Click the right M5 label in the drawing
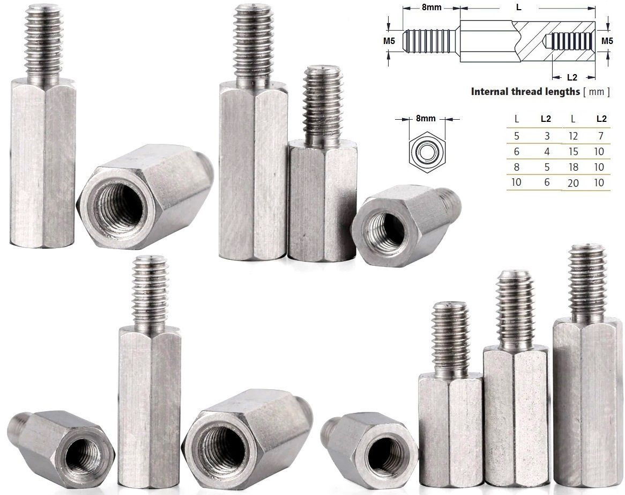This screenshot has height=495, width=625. point(607,40)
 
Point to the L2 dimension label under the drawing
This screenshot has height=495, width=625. point(572,77)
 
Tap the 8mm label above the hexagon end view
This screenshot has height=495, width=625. point(426,119)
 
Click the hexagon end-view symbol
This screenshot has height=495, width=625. point(426,152)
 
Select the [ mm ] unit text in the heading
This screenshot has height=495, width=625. point(596,91)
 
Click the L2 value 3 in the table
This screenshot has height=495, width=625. point(547,136)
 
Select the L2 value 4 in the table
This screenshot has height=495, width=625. point(547,152)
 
